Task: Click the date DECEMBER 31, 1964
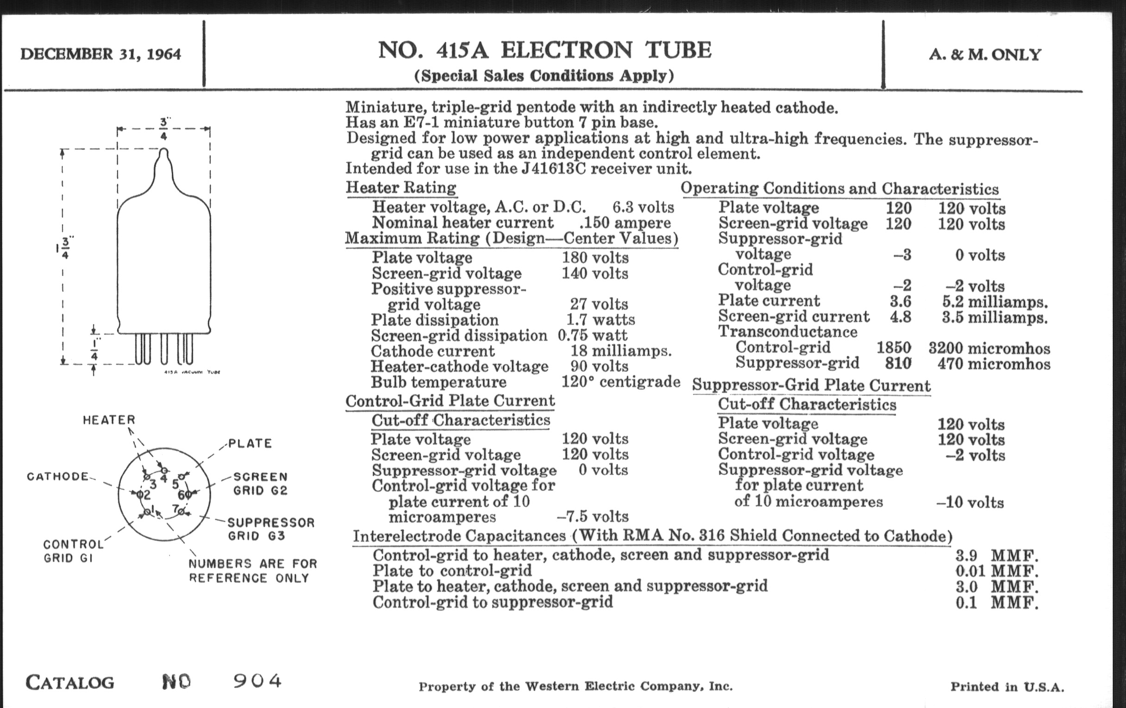click(x=100, y=54)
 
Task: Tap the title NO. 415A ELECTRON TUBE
click(x=544, y=50)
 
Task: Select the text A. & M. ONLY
click(x=985, y=55)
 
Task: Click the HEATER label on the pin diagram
click(x=109, y=420)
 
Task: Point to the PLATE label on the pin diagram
click(x=250, y=443)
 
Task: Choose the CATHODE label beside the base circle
click(x=57, y=476)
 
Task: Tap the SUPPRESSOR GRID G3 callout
click(x=271, y=529)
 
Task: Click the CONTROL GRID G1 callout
click(x=73, y=551)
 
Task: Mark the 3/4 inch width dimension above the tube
click(x=163, y=129)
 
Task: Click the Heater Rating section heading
click(x=401, y=188)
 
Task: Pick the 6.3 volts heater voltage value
click(x=643, y=207)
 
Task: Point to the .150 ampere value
click(x=625, y=223)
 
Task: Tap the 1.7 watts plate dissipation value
click(x=601, y=320)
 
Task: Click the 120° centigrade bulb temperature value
click(x=620, y=382)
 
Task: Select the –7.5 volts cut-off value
click(x=593, y=516)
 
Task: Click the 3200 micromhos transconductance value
click(x=989, y=348)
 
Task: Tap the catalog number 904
click(x=257, y=681)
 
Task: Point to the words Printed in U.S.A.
click(x=1007, y=687)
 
